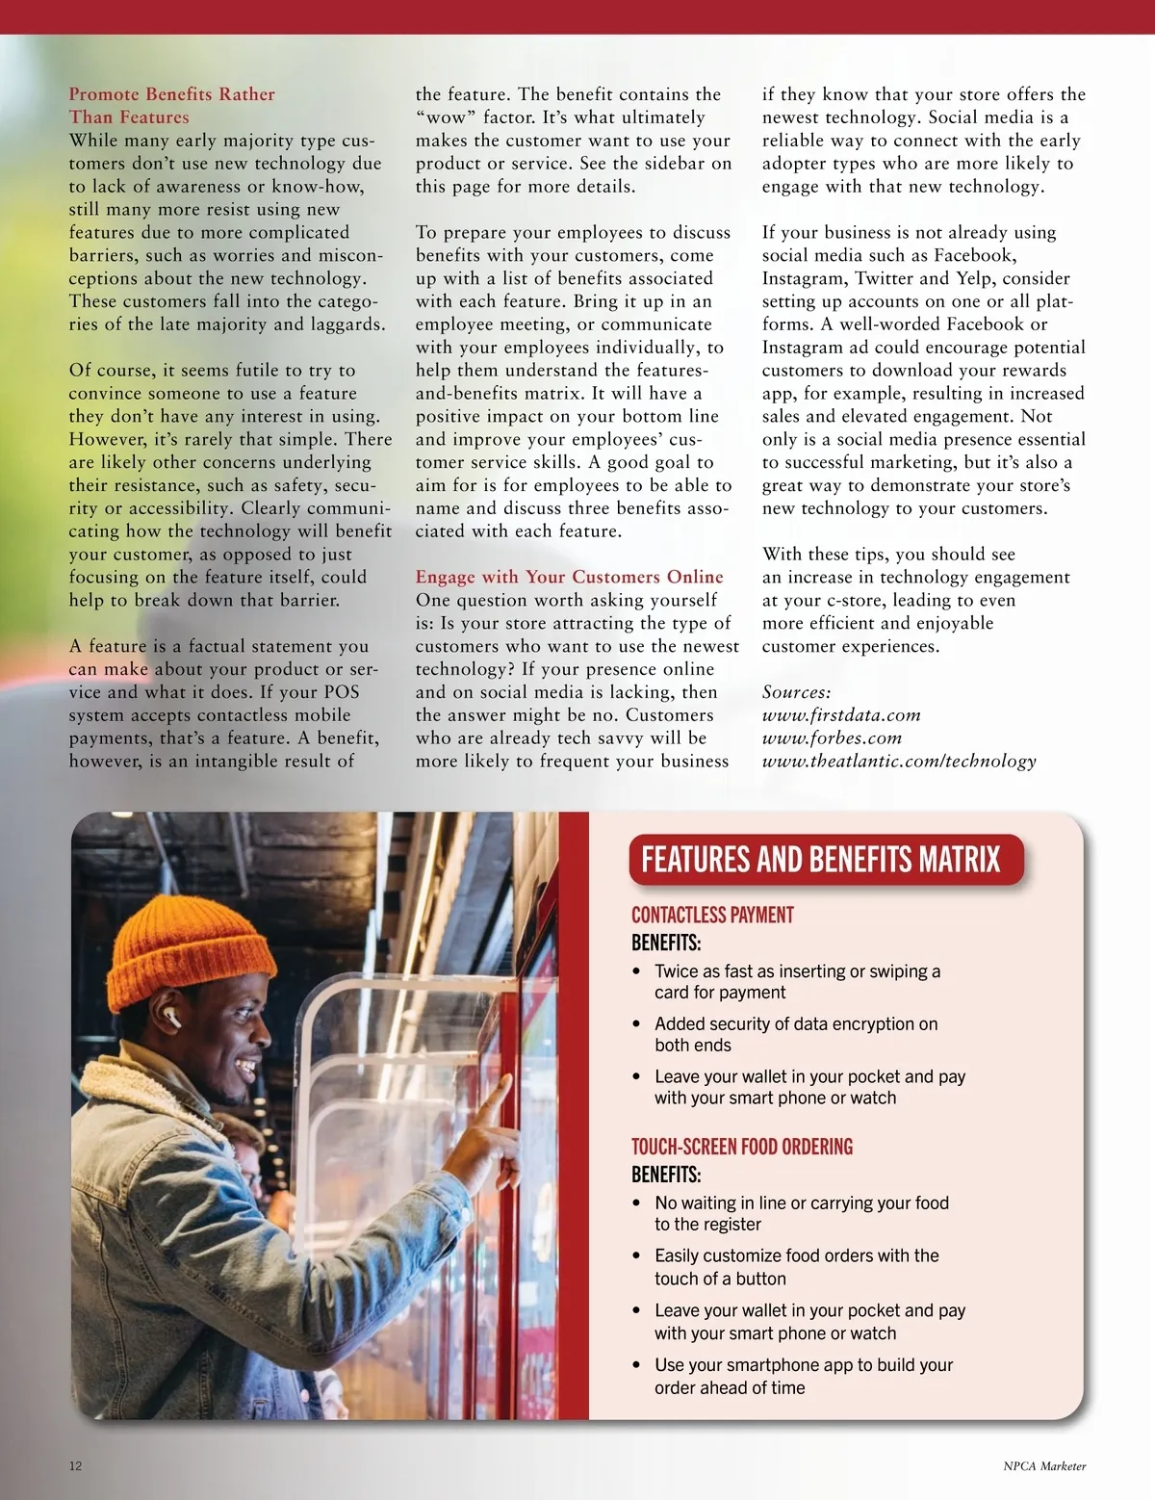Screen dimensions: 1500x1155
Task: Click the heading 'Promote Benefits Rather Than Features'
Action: coord(171,106)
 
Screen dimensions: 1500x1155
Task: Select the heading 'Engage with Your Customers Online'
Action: coord(569,577)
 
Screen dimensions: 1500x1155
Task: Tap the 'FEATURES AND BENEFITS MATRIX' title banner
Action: coord(821,859)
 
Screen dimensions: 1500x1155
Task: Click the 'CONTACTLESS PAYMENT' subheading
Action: coord(712,915)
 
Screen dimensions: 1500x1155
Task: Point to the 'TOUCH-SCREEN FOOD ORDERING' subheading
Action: coord(741,1147)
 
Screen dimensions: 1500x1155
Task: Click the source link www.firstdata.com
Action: coord(841,715)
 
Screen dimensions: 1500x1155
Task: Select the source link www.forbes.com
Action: coord(832,738)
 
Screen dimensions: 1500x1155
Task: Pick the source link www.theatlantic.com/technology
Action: coord(899,762)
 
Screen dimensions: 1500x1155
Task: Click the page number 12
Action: coord(76,1466)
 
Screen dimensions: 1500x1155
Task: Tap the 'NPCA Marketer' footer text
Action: coord(1044,1466)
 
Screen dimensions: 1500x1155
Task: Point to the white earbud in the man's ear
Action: coord(171,1017)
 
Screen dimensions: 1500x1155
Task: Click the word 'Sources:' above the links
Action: coord(796,692)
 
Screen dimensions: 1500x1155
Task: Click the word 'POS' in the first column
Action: coord(341,692)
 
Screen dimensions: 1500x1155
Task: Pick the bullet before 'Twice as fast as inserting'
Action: coord(636,972)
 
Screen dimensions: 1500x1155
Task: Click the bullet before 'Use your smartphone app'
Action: coord(636,1365)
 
